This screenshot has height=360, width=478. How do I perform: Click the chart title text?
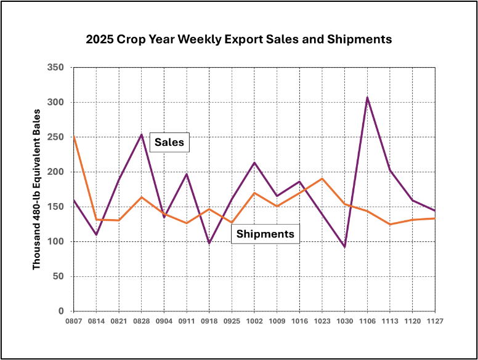click(x=238, y=40)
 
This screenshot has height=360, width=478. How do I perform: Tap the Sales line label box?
click(x=169, y=142)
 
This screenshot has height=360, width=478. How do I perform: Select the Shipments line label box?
click(x=265, y=234)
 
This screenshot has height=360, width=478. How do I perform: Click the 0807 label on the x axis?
click(x=74, y=321)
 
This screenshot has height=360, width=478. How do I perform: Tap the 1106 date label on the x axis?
click(x=367, y=321)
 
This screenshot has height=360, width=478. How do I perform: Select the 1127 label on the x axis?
click(x=435, y=321)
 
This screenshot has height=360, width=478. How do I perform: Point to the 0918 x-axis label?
click(x=209, y=321)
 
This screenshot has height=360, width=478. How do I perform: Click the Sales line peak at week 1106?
click(x=367, y=97)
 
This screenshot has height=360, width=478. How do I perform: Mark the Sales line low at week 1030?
click(x=344, y=247)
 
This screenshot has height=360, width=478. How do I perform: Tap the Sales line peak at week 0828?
click(x=142, y=134)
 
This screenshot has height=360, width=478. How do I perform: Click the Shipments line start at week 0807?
click(x=74, y=136)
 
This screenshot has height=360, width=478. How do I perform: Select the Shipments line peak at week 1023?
click(x=322, y=178)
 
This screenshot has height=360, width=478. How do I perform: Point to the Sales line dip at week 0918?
click(x=209, y=243)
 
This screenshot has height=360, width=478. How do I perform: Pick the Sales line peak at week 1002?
click(x=254, y=162)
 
